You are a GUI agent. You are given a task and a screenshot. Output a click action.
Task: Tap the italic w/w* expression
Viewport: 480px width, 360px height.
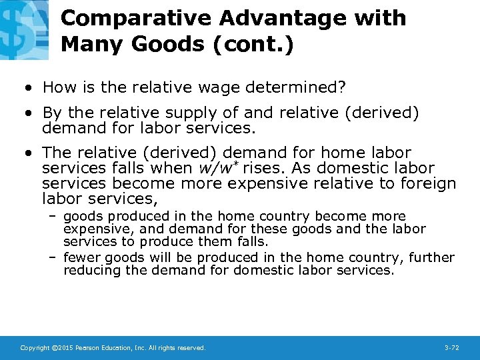(x=219, y=169)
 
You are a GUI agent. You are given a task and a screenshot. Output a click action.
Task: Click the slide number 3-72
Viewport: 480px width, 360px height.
(x=452, y=348)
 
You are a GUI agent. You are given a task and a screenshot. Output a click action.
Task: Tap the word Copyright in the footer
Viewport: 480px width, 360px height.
(x=35, y=348)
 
